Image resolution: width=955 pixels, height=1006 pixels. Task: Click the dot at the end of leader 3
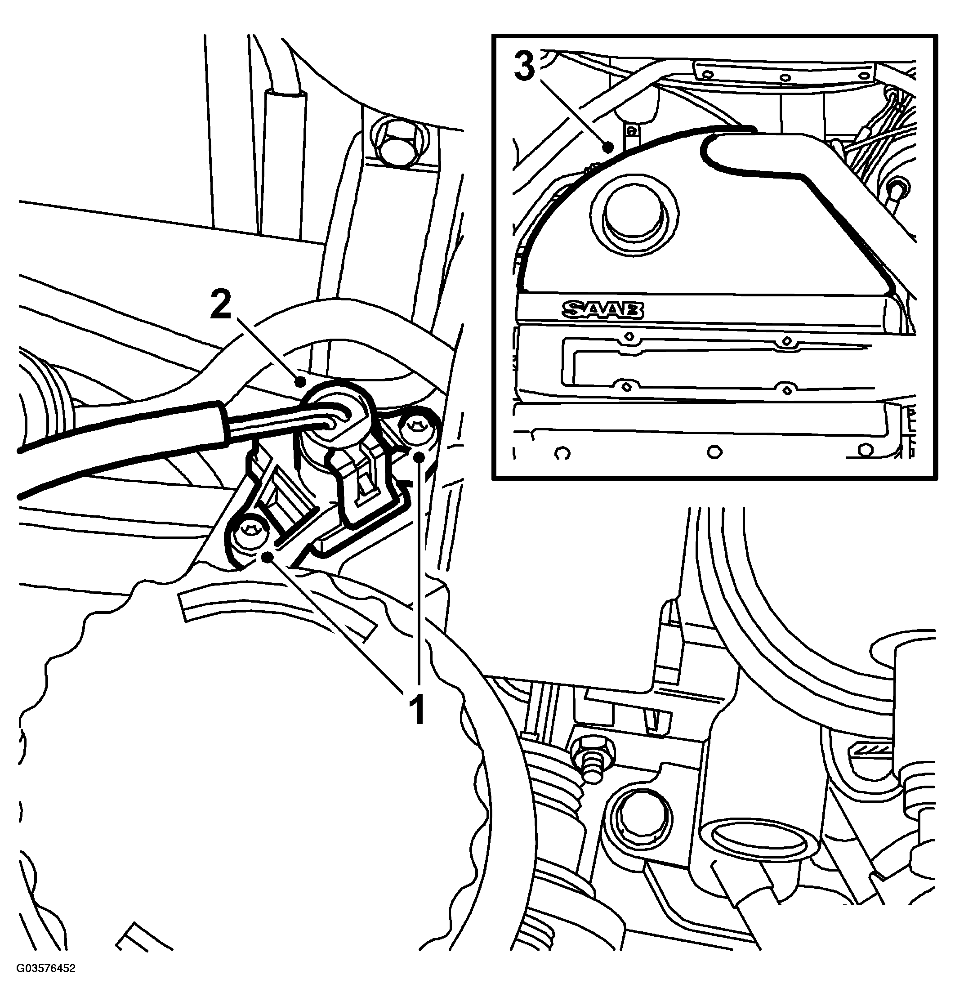click(607, 148)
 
